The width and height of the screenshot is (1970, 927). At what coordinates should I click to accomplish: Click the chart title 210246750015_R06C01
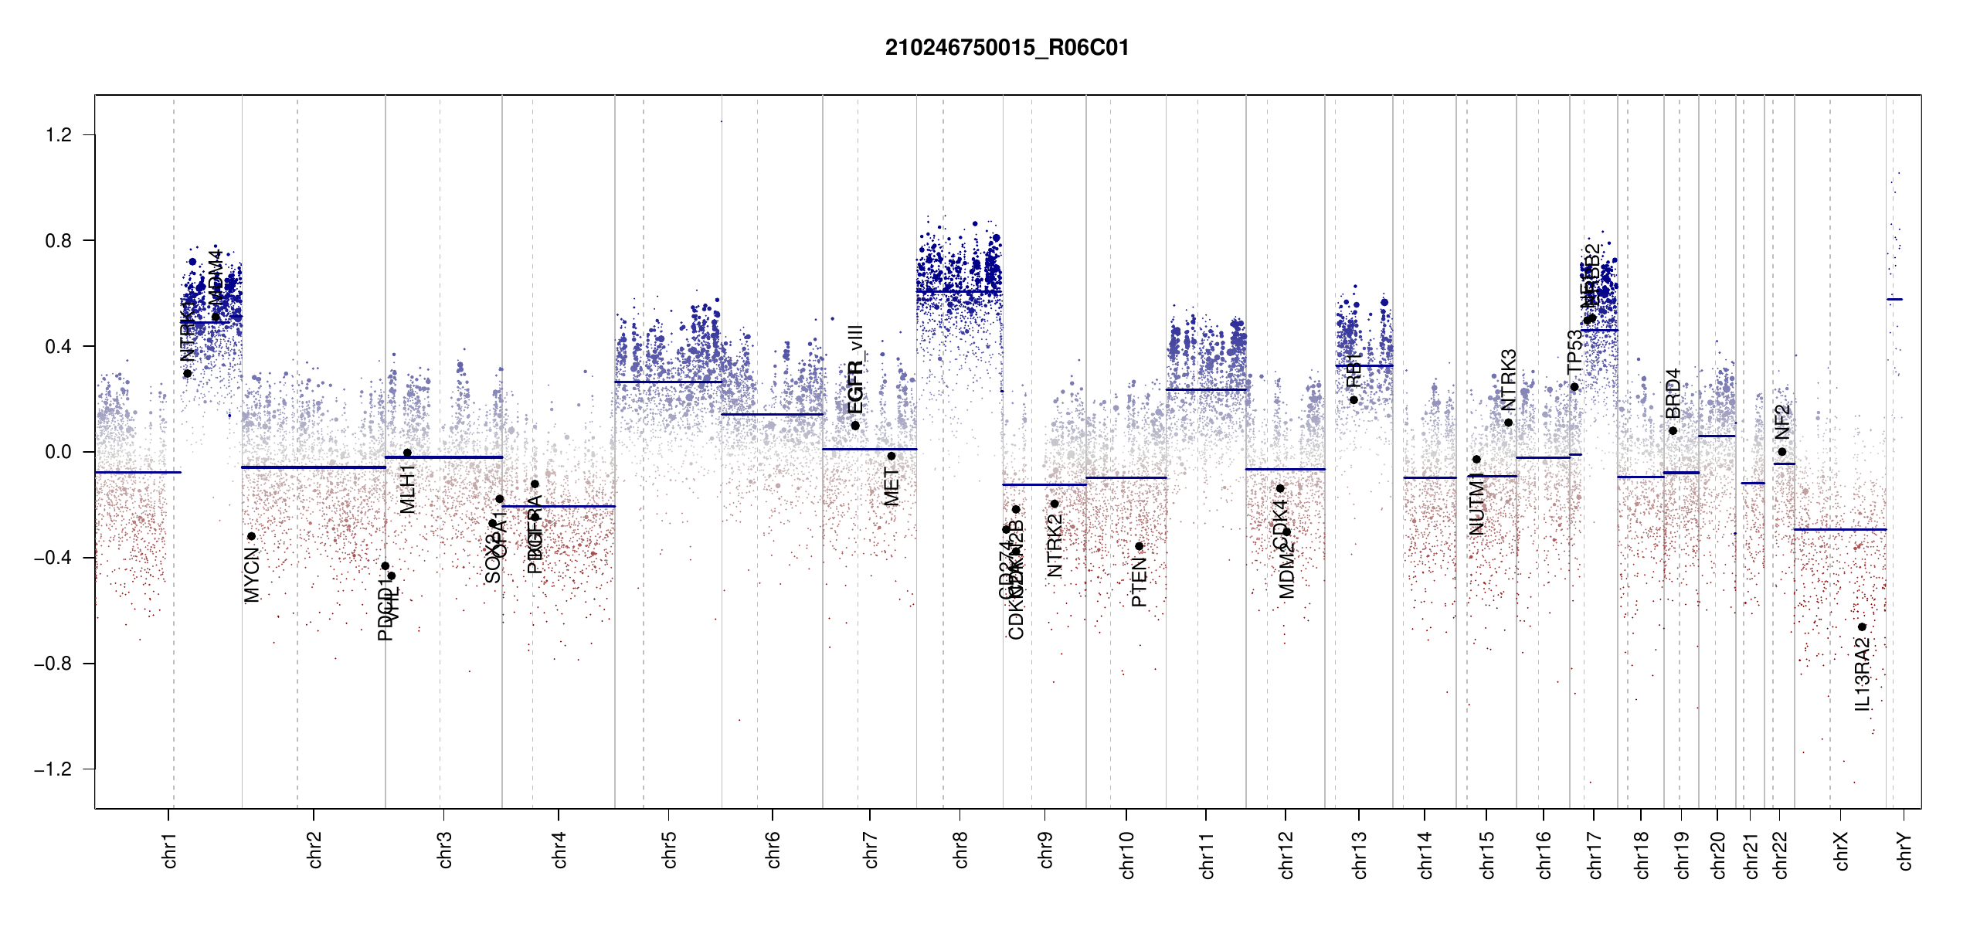[1007, 48]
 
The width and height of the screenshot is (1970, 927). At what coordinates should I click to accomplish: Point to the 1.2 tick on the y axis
[59, 135]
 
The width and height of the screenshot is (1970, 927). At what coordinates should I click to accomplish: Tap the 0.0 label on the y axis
[59, 452]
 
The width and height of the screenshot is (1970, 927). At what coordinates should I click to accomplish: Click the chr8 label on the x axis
[960, 850]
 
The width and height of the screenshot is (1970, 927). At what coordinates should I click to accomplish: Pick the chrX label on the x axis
[1841, 851]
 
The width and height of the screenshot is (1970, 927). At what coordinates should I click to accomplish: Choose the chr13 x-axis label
[1359, 854]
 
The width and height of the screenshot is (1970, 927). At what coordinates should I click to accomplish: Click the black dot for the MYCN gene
[251, 536]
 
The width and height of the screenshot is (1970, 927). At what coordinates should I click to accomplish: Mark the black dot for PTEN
[1139, 546]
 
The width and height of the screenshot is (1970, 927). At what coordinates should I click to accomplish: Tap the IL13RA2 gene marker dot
[1862, 627]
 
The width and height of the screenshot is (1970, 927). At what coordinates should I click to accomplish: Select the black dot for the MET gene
[891, 456]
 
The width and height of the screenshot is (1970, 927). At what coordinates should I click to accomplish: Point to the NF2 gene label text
[1782, 422]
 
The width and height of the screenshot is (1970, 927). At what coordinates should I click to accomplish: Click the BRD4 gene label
[1673, 394]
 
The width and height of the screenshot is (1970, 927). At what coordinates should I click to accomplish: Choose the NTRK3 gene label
[1508, 380]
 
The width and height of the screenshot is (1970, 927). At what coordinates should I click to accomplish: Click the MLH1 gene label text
[408, 489]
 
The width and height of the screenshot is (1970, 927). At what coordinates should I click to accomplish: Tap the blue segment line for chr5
[668, 382]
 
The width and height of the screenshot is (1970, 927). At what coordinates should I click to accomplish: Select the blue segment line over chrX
[1839, 529]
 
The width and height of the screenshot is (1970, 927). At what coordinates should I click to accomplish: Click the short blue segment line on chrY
[1894, 299]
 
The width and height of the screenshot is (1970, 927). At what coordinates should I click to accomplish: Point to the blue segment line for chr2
[313, 467]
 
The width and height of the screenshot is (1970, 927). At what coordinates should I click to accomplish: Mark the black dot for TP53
[1574, 387]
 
